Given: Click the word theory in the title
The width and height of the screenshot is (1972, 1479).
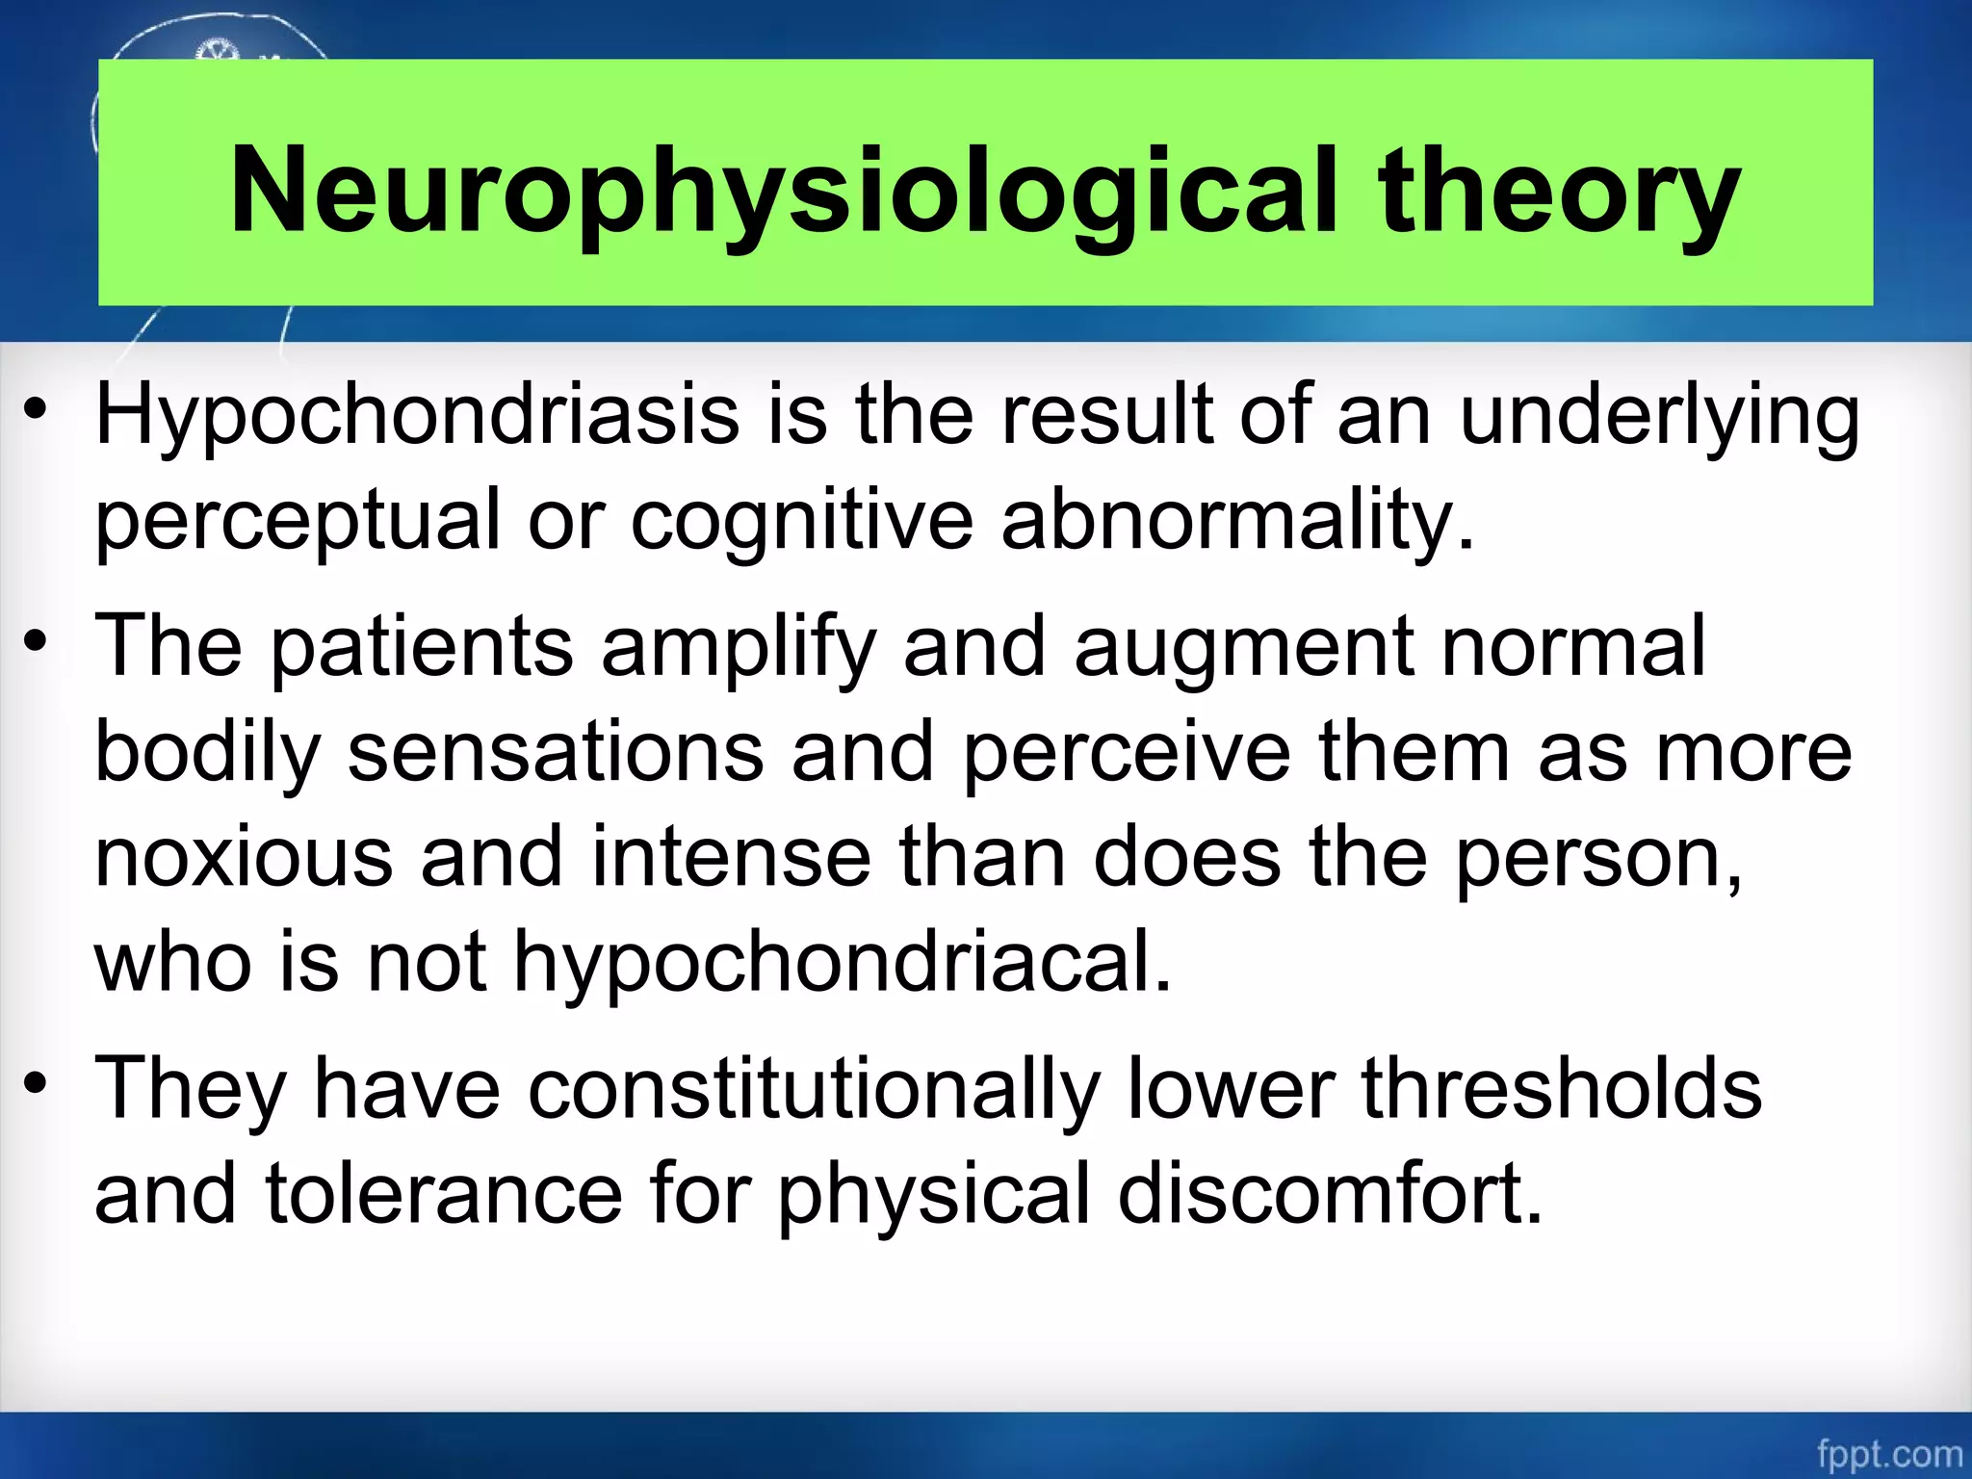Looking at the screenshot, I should coord(1557,190).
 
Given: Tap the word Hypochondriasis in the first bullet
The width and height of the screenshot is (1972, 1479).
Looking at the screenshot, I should coord(416,416).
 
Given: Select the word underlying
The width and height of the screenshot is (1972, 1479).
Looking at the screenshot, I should coord(1659,416).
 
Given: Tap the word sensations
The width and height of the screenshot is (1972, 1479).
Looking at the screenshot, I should coord(556,752).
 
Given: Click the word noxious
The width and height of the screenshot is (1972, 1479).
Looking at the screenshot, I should coord(244,856).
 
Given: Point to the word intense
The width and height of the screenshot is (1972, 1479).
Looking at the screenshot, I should coord(731,856).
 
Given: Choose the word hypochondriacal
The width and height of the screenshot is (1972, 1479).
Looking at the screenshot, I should coord(843,962).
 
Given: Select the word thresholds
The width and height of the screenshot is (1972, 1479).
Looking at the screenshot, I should coord(1561,1089).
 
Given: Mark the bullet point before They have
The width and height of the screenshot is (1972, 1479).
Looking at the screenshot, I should coord(36,1085).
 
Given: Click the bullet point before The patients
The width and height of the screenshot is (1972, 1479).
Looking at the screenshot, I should coord(36,642).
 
